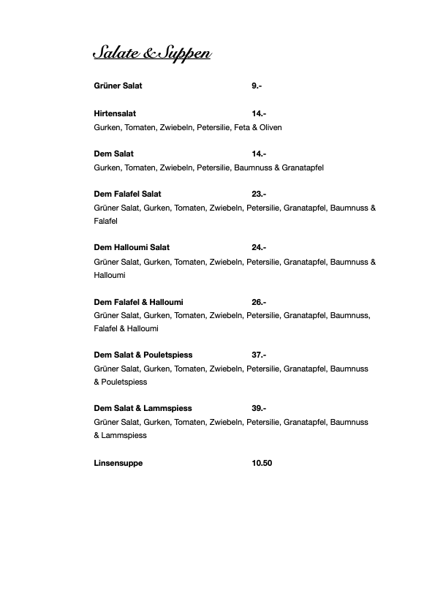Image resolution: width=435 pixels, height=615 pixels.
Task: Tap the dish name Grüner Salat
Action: [118, 86]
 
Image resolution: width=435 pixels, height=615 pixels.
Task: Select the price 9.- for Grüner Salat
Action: [257, 86]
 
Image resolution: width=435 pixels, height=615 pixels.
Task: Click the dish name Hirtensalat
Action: [115, 114]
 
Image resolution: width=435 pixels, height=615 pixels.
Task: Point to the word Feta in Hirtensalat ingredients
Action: [242, 127]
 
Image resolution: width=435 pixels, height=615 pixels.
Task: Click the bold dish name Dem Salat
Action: [114, 154]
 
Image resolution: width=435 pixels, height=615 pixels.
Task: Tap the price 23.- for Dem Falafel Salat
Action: [259, 194]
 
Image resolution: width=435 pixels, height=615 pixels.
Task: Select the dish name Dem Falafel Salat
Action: [128, 194]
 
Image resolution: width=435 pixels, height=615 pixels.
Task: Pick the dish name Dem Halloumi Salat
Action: [132, 248]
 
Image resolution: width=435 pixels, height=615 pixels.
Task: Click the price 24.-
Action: [259, 248]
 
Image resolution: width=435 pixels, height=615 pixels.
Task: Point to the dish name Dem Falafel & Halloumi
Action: [139, 302]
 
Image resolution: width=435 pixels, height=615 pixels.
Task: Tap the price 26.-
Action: [259, 302]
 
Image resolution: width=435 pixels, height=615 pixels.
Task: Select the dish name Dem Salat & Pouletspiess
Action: [143, 355]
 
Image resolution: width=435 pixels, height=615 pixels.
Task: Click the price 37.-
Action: [259, 355]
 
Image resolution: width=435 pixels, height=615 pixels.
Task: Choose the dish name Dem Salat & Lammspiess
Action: [143, 409]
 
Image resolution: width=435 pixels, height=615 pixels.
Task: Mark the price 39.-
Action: [259, 409]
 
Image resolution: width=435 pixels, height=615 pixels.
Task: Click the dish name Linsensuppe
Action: [118, 463]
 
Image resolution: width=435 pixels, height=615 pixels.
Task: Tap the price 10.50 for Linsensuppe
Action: [262, 463]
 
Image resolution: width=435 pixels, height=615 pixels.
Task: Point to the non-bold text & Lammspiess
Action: [121, 436]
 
